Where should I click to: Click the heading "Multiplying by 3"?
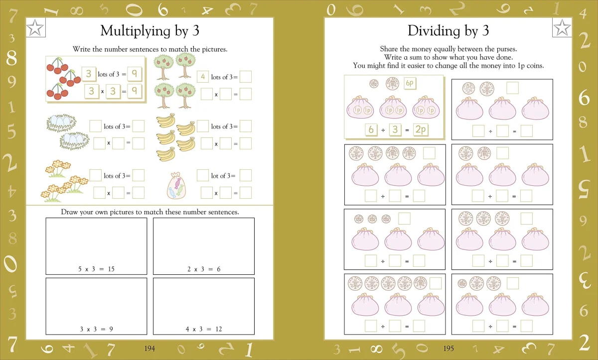point(150,31)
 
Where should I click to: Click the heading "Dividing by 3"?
point(448,31)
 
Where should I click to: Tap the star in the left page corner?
point(35,27)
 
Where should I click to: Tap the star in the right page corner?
point(562,27)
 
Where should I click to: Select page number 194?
point(149,349)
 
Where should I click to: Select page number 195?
point(448,349)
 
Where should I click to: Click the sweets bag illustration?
point(176,186)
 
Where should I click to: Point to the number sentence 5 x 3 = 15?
point(96,269)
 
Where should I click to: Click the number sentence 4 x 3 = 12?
point(204,329)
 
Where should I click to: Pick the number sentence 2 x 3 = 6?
point(204,269)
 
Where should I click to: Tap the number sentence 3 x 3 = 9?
point(96,329)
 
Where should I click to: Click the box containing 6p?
point(410,83)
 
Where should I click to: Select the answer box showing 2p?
point(421,130)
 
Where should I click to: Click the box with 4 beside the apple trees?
point(203,77)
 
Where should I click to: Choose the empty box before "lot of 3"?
point(203,175)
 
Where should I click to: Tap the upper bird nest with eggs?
point(61,123)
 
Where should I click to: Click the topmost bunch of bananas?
point(166,120)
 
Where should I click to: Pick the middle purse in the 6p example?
point(393,107)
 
